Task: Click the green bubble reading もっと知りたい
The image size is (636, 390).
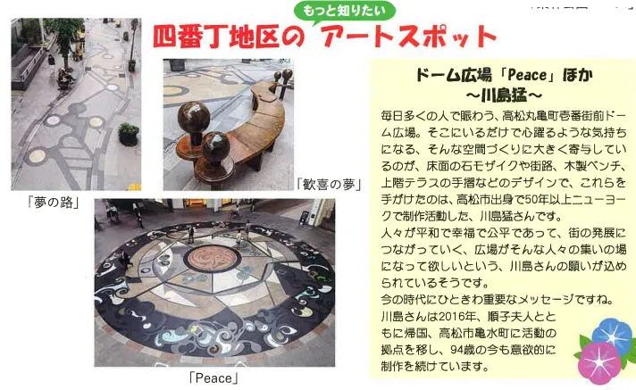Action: point(344,11)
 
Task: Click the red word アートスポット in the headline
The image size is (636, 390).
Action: point(409,37)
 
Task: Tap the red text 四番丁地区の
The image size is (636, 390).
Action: point(229,37)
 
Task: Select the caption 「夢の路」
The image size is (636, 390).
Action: point(53,202)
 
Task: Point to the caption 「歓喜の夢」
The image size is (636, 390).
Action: point(329,185)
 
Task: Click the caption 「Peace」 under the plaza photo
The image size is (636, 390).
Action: point(213,378)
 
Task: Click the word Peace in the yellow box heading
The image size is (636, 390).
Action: point(527,75)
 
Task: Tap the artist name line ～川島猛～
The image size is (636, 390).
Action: point(504,96)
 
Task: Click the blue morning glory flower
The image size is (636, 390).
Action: point(613,335)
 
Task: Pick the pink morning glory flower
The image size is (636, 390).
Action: point(599,363)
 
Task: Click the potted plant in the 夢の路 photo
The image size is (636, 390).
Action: point(129,134)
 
